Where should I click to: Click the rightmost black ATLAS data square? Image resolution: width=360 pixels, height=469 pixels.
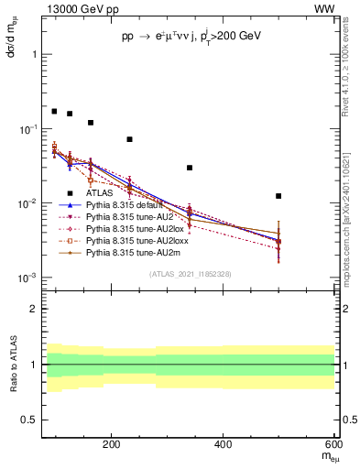[278, 196]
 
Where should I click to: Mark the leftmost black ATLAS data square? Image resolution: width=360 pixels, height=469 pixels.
[54, 111]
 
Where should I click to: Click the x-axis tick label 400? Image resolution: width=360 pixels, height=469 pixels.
[224, 446]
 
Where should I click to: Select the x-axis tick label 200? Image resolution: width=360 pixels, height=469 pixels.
[111, 446]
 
